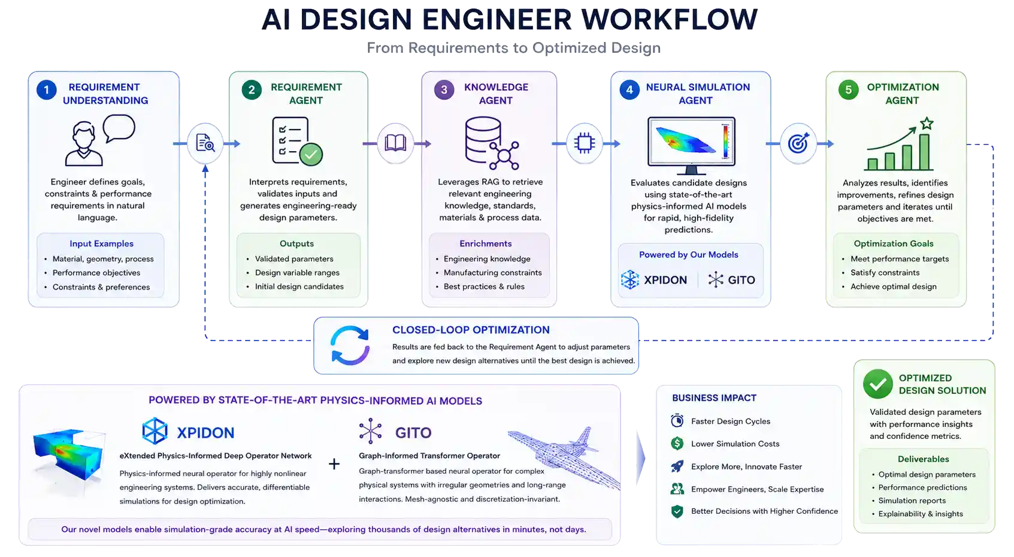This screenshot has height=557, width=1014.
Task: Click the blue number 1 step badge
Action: [46, 90]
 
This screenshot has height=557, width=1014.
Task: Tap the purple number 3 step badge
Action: [444, 90]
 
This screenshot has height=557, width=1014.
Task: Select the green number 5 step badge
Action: [848, 90]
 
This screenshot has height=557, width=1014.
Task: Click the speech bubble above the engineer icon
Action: [119, 128]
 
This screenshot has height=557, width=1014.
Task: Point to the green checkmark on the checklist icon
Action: [310, 155]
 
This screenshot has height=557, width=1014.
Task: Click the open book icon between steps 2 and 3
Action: [395, 143]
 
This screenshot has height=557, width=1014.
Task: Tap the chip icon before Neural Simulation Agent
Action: [585, 143]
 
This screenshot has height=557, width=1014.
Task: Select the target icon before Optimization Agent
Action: [798, 143]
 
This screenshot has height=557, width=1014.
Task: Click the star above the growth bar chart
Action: [927, 124]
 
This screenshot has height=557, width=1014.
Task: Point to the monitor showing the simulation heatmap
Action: [691, 146]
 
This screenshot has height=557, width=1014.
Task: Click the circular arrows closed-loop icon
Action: [350, 345]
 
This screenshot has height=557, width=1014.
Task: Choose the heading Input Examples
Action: [101, 243]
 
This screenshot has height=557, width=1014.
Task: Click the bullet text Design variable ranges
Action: [297, 272]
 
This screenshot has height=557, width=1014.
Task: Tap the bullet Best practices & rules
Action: [484, 287]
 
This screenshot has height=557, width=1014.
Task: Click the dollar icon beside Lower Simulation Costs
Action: [677, 443]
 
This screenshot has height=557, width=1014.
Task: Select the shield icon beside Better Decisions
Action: [677, 511]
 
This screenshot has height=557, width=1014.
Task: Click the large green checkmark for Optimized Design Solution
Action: [878, 384]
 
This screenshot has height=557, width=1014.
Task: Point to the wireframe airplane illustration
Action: [564, 457]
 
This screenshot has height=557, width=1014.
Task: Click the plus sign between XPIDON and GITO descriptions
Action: [334, 463]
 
